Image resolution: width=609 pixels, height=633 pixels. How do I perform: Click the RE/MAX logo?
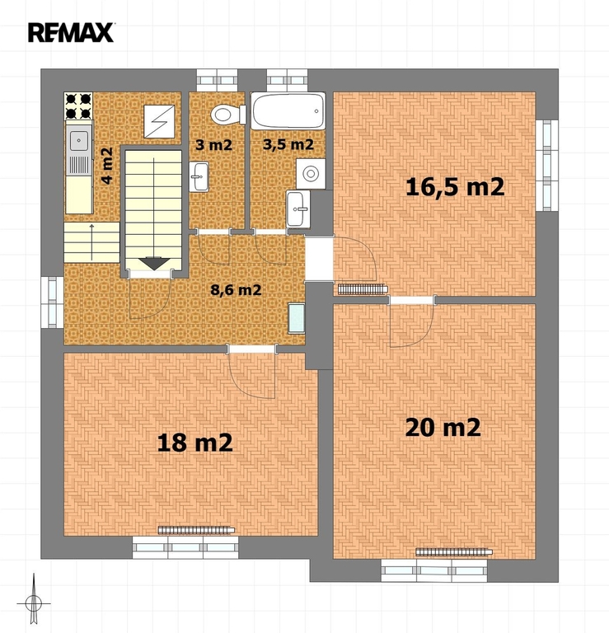click(x=71, y=33)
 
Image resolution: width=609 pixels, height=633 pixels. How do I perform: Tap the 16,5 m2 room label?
click(x=455, y=187)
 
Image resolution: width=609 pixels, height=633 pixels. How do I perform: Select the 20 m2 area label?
click(x=443, y=428)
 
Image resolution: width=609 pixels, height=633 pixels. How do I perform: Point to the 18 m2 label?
click(x=194, y=443)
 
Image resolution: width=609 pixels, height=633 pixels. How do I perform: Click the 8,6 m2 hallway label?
click(x=236, y=289)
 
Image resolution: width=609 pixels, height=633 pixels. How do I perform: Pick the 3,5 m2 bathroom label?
click(x=288, y=144)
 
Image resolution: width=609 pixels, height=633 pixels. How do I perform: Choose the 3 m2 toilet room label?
click(x=214, y=144)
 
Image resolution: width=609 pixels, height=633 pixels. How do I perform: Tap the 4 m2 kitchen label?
click(x=107, y=166)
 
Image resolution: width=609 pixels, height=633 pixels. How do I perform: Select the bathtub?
click(x=288, y=111)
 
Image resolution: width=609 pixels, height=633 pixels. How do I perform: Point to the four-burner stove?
click(x=78, y=106)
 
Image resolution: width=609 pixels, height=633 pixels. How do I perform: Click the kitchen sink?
click(x=79, y=149)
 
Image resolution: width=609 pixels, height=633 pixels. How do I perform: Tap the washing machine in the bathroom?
click(x=311, y=174)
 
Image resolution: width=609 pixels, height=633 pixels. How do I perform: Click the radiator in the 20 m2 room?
click(x=454, y=552)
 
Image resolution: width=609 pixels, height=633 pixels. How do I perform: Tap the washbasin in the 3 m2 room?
click(x=199, y=177)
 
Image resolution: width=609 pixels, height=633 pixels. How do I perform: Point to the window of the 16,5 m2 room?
click(x=547, y=165)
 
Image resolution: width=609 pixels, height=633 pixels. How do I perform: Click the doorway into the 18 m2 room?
click(x=252, y=349)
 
